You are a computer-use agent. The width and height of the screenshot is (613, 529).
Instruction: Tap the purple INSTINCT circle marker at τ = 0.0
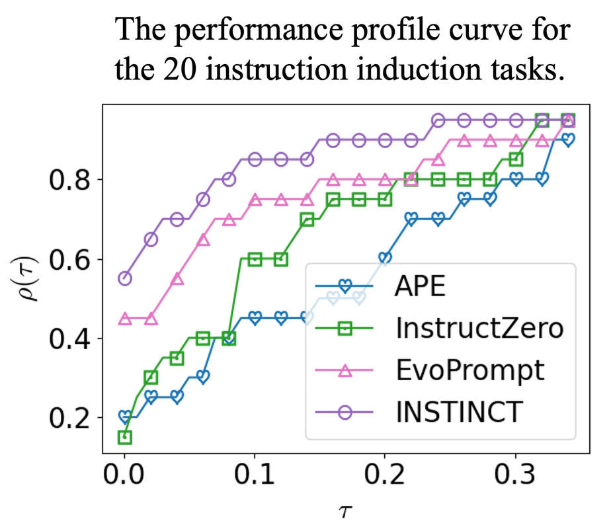tap(124, 278)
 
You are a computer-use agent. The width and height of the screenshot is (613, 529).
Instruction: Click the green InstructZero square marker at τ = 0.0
tap(124, 437)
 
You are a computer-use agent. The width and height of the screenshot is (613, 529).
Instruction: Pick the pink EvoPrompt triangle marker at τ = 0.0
tap(124, 319)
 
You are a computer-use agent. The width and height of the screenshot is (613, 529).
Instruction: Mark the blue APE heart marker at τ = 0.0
tap(124, 417)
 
